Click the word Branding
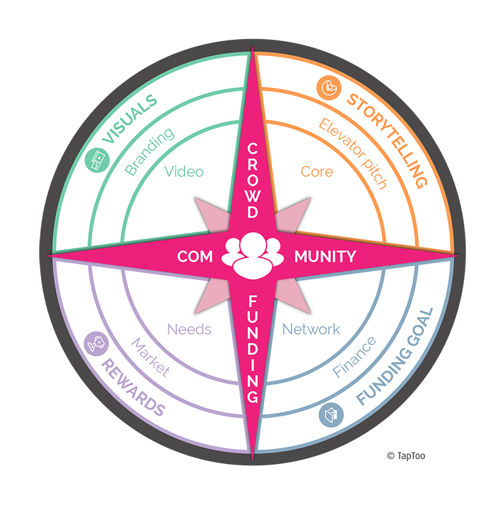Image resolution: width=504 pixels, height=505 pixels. click(149, 152)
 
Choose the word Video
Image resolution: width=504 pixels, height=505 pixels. click(184, 171)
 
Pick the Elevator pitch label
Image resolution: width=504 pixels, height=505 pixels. click(352, 154)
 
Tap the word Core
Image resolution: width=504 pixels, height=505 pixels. click(317, 171)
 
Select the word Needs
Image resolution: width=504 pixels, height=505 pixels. click(189, 329)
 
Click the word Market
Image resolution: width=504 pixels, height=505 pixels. click(150, 357)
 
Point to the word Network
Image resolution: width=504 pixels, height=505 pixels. click(311, 329)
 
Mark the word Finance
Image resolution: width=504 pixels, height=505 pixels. click(355, 357)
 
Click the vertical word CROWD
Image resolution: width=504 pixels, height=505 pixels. click(253, 180)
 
